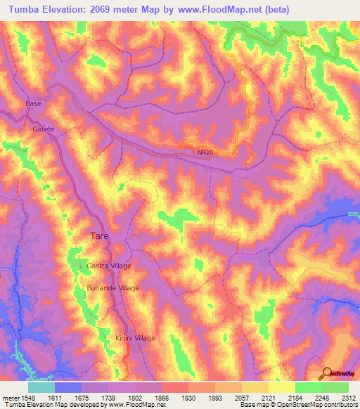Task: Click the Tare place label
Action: tap(98, 237)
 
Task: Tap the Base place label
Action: tap(34, 104)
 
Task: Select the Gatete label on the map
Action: tap(43, 130)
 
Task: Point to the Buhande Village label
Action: tap(113, 288)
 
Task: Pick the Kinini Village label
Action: tap(135, 338)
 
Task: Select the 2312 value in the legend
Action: tap(348, 397)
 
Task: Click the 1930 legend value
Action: tap(188, 397)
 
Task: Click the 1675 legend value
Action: tap(81, 397)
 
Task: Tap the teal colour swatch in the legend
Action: tap(41, 387)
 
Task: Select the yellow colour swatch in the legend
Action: tap(282, 387)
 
